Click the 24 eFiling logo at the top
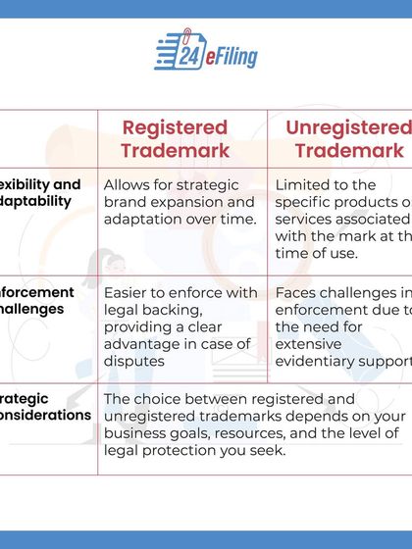(x=206, y=53)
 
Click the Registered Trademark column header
(x=175, y=138)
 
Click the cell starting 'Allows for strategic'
(x=179, y=201)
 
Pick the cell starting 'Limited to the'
(x=341, y=218)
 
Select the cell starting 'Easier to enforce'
(x=179, y=326)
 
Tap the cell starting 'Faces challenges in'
(x=341, y=326)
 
